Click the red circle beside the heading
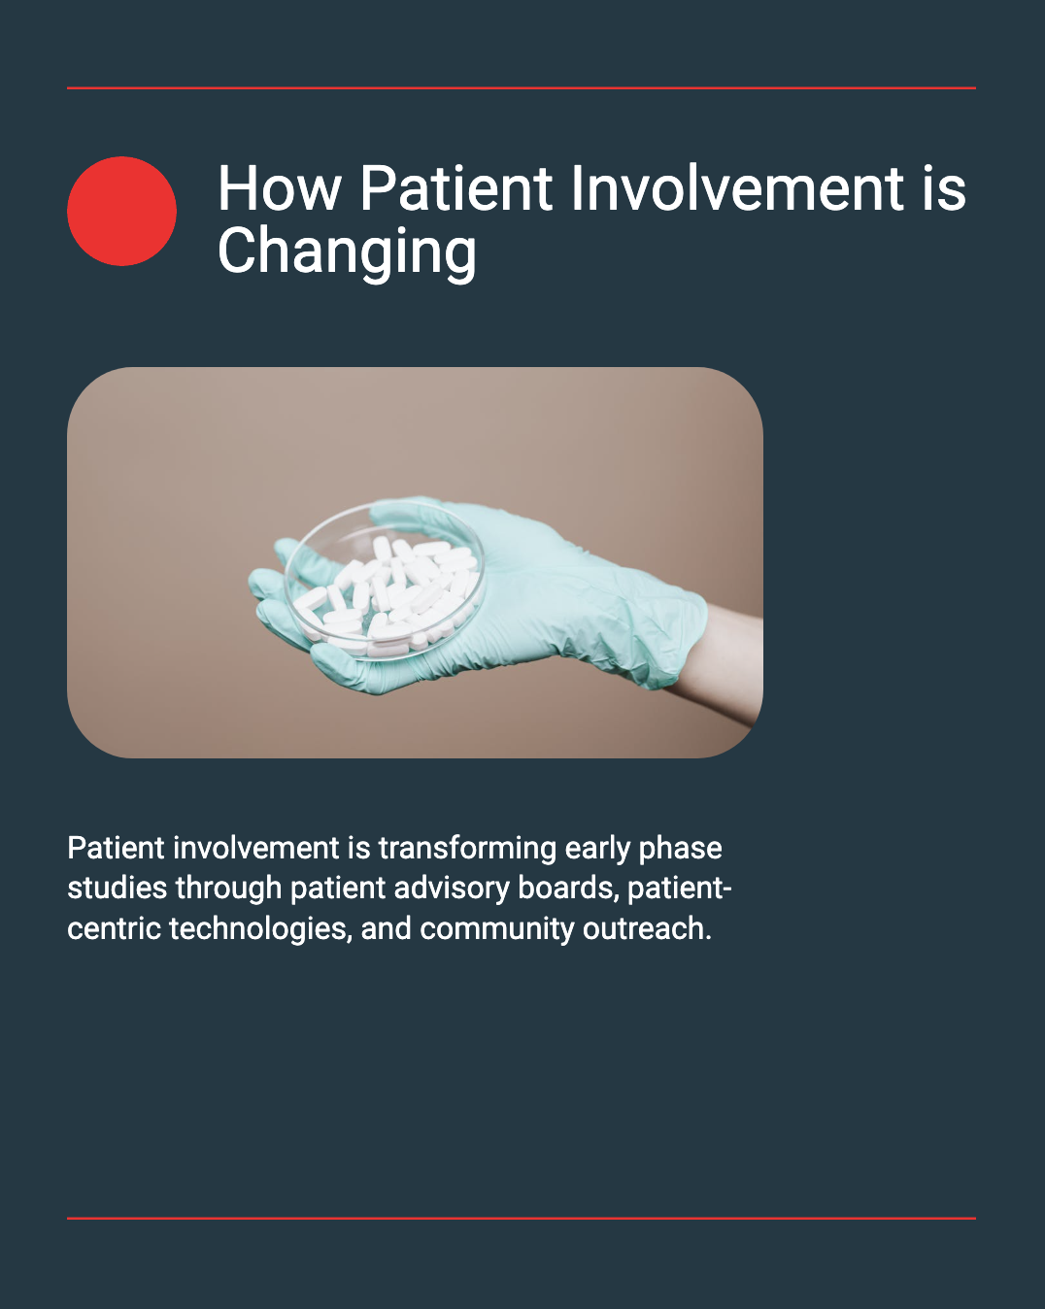click(121, 211)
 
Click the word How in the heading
click(279, 188)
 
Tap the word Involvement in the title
click(736, 188)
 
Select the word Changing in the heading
click(347, 252)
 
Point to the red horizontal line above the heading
click(522, 88)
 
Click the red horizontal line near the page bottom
click(522, 1219)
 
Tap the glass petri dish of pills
click(385, 581)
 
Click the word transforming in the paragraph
click(467, 848)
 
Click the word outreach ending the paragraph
click(647, 929)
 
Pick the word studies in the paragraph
click(117, 889)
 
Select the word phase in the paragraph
click(681, 848)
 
